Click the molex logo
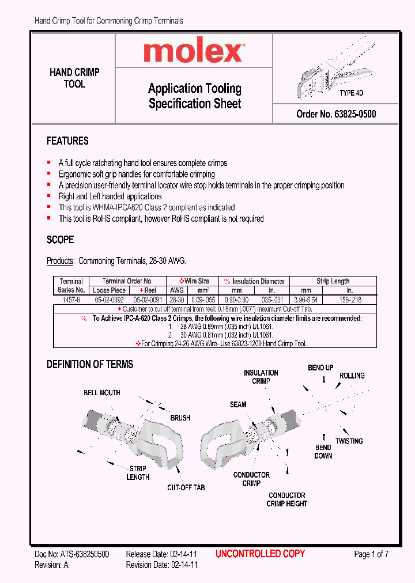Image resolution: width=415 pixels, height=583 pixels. tap(194, 53)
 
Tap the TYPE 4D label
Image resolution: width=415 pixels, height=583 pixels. tap(351, 93)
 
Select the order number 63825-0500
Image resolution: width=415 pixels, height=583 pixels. tap(336, 114)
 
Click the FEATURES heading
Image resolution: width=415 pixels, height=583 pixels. tap(67, 141)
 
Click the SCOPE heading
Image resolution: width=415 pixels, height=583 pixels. tap(60, 240)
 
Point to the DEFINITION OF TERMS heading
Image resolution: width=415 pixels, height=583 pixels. tap(89, 364)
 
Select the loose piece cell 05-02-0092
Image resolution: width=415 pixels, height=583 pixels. tap(108, 300)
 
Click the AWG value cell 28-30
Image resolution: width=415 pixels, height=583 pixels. tap(176, 300)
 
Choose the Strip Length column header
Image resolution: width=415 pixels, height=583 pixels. tap(333, 281)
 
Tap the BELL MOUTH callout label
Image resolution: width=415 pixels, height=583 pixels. tap(102, 393)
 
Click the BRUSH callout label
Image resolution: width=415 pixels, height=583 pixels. tap(180, 418)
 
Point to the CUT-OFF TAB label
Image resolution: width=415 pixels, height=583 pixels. tap(186, 487)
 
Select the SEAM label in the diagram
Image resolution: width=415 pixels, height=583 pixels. tap(238, 404)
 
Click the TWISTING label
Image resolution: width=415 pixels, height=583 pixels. tap(349, 441)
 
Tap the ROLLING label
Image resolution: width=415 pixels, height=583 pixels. tap(352, 376)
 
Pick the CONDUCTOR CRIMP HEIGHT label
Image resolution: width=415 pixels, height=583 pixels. tap(286, 499)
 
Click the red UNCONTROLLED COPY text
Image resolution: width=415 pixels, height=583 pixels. tap(260, 554)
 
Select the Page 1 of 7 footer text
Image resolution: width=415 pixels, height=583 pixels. tap(371, 554)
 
